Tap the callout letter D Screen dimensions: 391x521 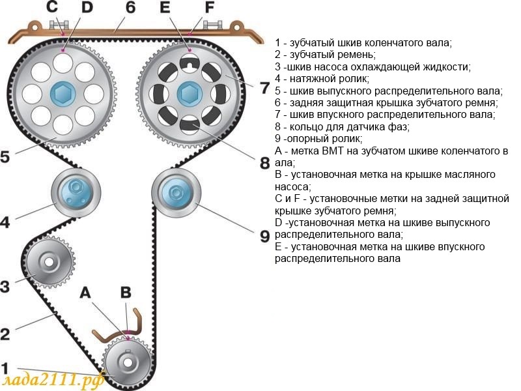tap(86, 8)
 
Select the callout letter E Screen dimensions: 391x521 tap(165, 8)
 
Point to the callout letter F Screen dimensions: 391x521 tap(209, 8)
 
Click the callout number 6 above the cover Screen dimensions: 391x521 tap(131, 8)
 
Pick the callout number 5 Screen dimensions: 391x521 tap(5, 158)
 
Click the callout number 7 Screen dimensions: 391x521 tap(264, 88)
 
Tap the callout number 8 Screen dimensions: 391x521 tap(264, 162)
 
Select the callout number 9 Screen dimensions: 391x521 tap(264, 236)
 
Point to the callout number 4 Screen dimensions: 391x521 tap(5, 222)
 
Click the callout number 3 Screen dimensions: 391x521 tap(5, 285)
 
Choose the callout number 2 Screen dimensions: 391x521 tap(5, 334)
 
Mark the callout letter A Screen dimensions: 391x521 tap(85, 293)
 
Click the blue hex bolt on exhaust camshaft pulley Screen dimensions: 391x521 tap(63, 93)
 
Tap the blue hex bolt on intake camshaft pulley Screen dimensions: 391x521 tap(188, 93)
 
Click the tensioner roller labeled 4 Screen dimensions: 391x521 tap(76, 193)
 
